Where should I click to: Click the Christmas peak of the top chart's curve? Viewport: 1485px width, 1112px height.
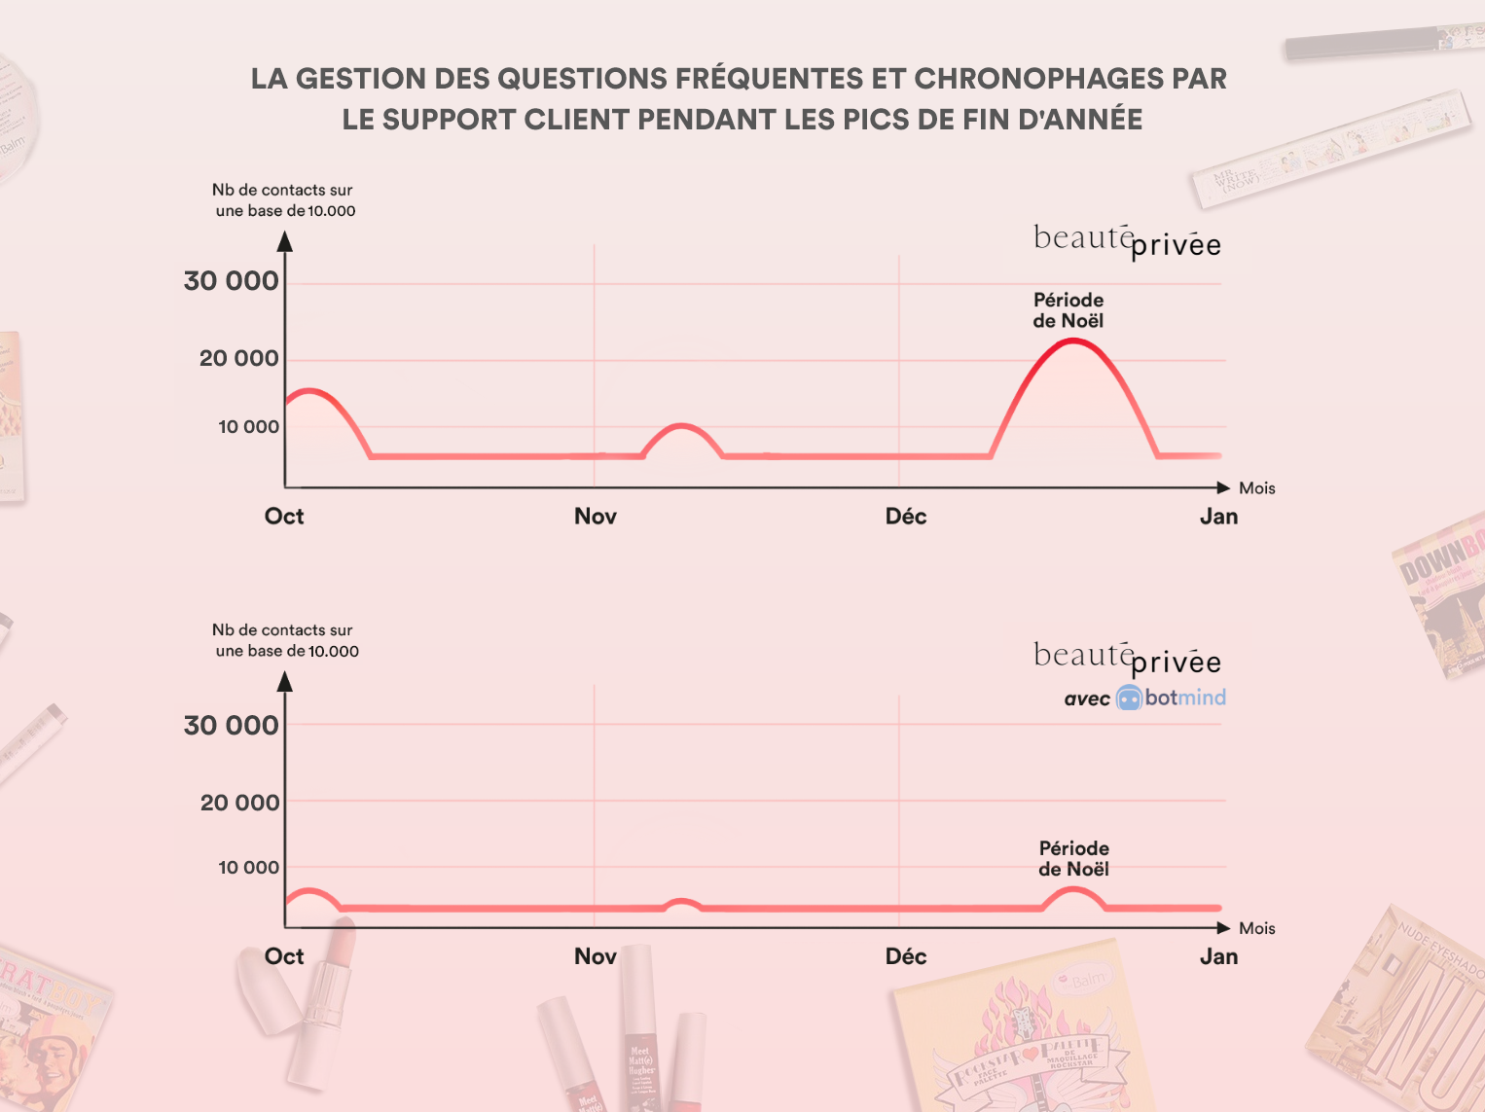click(x=1072, y=341)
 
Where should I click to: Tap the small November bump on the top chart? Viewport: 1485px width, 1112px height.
click(x=682, y=427)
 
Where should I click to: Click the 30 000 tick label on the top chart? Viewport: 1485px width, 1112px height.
click(x=232, y=281)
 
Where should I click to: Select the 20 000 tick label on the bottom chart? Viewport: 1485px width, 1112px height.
click(x=239, y=803)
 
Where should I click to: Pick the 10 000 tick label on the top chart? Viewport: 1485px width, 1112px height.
click(x=248, y=427)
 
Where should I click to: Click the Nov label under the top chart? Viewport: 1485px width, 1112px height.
click(x=595, y=517)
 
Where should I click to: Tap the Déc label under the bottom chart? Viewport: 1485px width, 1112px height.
click(x=905, y=956)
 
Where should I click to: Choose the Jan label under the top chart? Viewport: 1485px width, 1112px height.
click(x=1218, y=517)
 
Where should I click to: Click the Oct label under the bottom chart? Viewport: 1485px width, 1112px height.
click(x=284, y=956)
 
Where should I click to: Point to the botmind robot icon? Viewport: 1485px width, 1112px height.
click(x=1129, y=698)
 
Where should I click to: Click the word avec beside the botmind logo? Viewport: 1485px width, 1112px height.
click(x=1087, y=699)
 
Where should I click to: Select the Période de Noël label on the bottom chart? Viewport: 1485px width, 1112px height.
click(x=1073, y=858)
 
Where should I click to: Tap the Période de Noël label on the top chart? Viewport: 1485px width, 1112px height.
click(x=1068, y=310)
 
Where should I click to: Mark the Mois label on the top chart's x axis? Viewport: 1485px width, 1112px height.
click(x=1256, y=488)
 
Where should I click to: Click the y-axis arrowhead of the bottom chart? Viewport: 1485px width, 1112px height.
click(x=285, y=681)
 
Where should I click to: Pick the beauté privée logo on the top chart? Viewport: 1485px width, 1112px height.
click(x=1127, y=240)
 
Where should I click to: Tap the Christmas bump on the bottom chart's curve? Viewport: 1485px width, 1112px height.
click(x=1073, y=890)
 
